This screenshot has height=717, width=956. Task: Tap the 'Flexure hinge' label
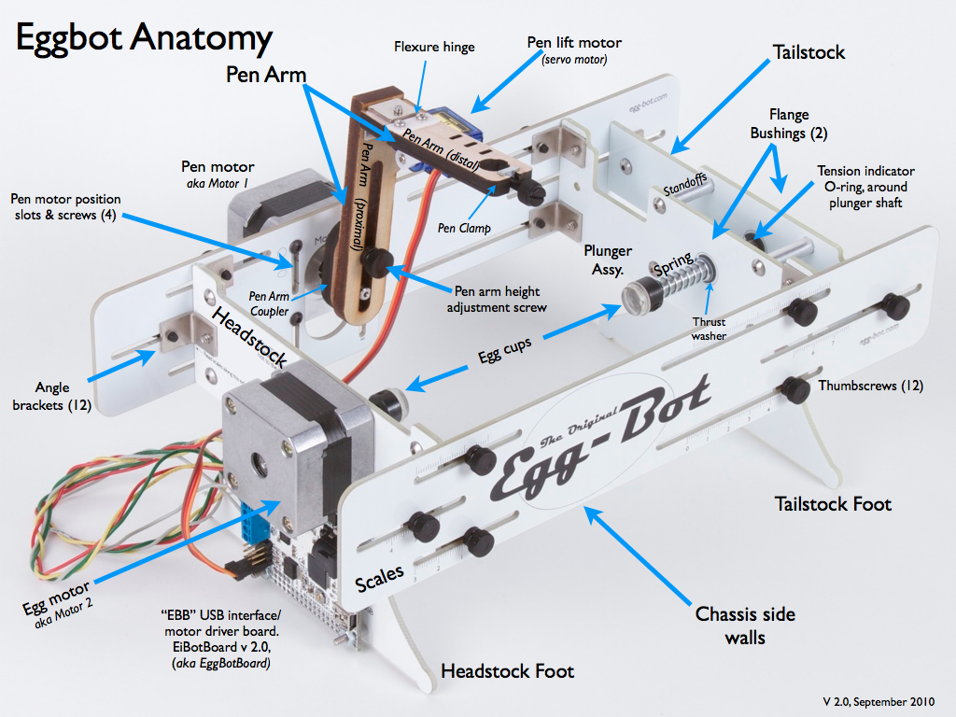[x=434, y=47]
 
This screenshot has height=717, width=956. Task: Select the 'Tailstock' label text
[x=808, y=52]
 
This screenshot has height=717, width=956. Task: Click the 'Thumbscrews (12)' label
[x=871, y=386]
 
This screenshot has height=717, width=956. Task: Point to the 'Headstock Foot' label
[x=507, y=670]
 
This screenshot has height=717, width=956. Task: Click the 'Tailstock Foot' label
[x=833, y=504]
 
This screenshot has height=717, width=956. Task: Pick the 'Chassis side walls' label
[x=745, y=626]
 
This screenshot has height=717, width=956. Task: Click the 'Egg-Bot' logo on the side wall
[x=597, y=439]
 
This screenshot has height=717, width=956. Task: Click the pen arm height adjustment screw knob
[x=378, y=260]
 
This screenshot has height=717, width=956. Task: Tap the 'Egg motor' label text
[x=58, y=597]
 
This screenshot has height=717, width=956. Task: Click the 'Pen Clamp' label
[x=464, y=227]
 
